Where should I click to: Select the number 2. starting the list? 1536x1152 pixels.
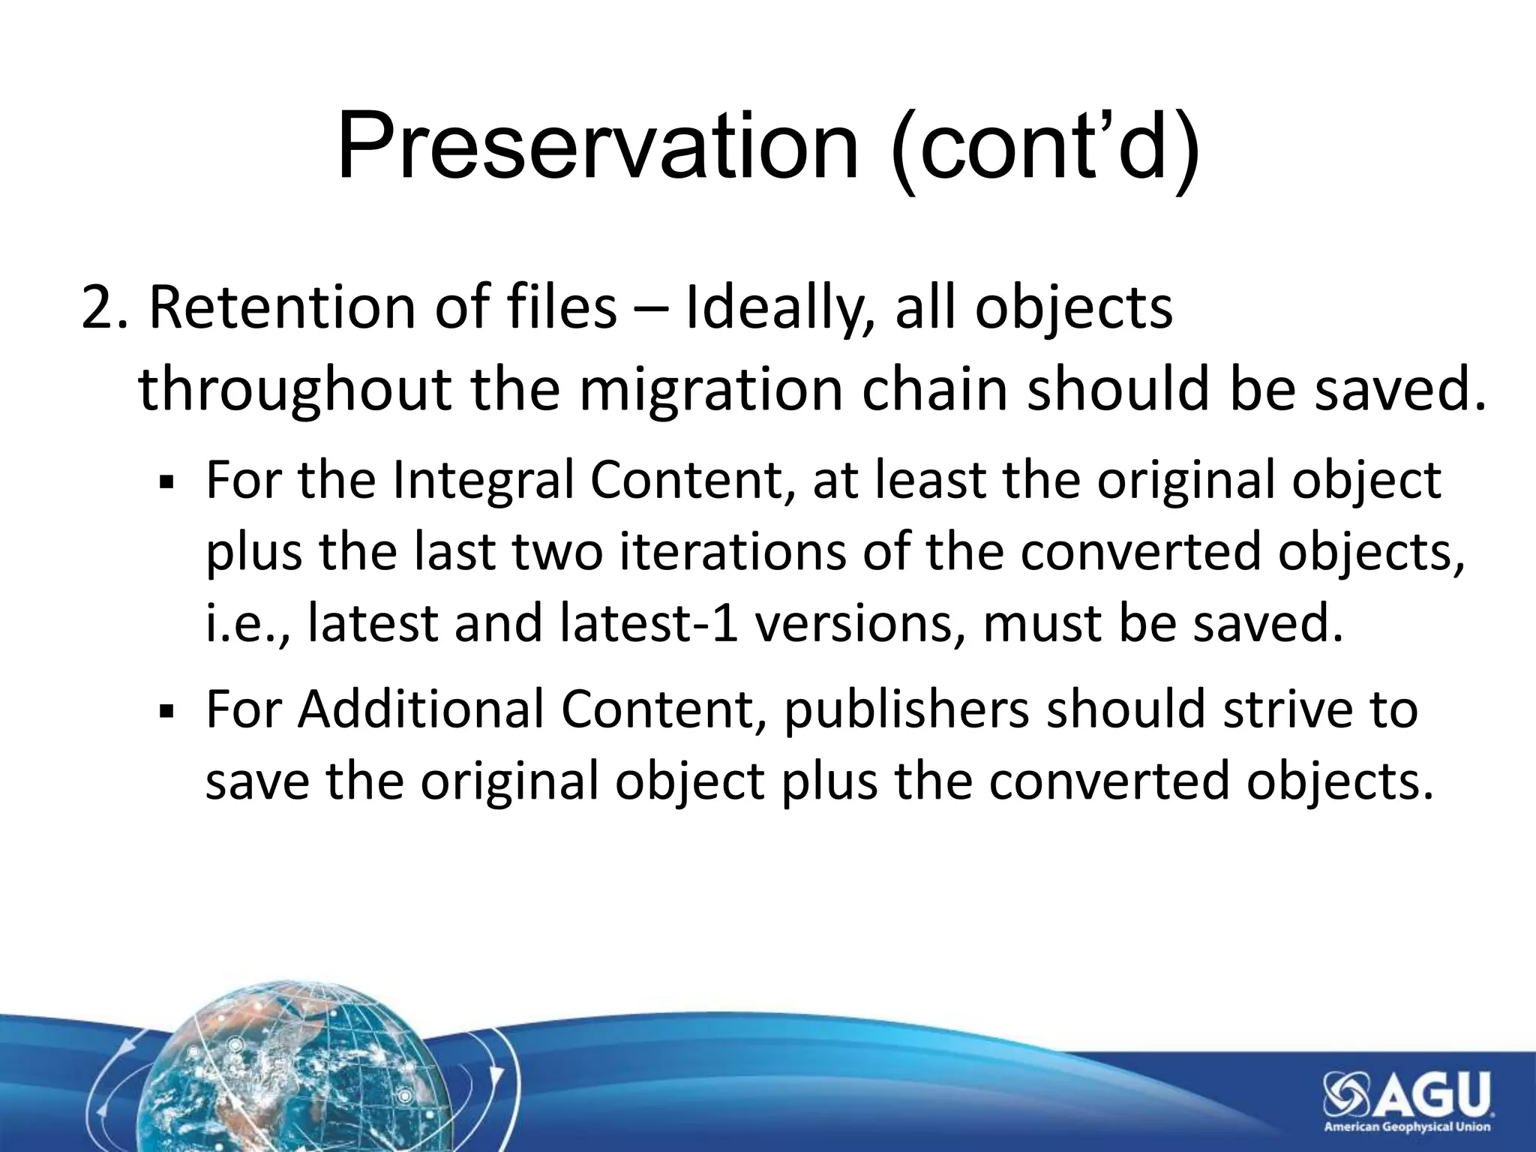pyautogui.click(x=104, y=307)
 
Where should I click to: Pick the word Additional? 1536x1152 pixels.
pyautogui.click(x=420, y=709)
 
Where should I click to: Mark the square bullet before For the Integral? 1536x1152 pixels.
pyautogui.click(x=166, y=482)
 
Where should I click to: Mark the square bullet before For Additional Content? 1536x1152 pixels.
pyautogui.click(x=166, y=710)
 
